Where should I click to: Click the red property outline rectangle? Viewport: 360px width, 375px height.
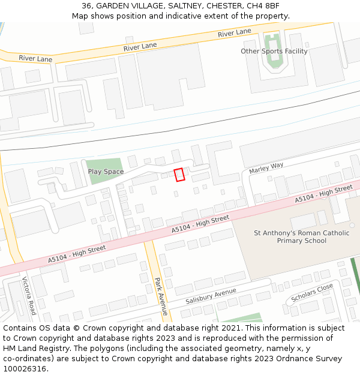[179, 175]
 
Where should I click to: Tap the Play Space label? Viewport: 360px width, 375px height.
[106, 172]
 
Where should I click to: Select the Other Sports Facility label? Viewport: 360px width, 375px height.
[274, 52]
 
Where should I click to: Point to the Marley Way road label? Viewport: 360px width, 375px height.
[266, 169]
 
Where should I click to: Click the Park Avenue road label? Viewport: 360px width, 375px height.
[160, 296]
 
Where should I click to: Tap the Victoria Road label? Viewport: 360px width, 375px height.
[29, 295]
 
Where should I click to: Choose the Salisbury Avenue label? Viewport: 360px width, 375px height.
[211, 296]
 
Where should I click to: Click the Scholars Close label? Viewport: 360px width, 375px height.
[311, 293]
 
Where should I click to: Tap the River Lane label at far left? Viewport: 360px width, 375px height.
[35, 59]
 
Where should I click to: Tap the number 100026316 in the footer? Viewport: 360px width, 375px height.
[24, 368]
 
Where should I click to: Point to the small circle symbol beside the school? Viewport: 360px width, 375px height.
[352, 226]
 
